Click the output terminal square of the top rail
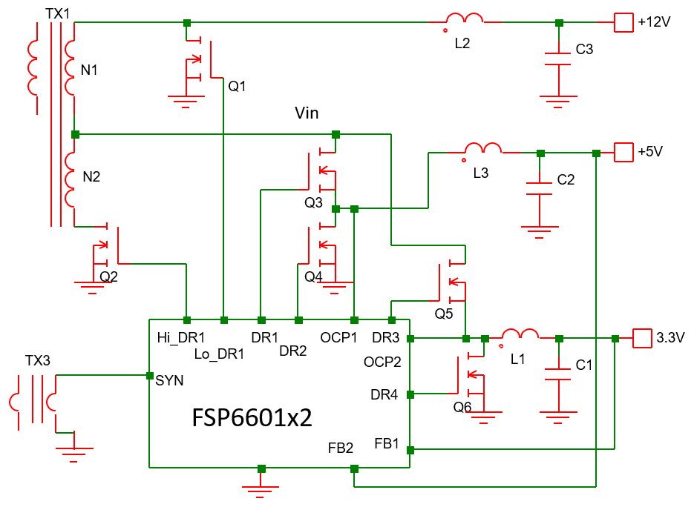[x=623, y=22]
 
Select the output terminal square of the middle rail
[x=623, y=152]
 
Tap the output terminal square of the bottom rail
[x=642, y=338]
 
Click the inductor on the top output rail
[x=465, y=19]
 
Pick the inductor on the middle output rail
[x=483, y=149]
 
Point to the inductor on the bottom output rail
[x=520, y=334]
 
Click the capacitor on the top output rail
[x=558, y=59]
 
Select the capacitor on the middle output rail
[x=540, y=188]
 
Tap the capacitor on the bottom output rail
[x=558, y=374]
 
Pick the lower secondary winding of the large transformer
[x=70, y=179]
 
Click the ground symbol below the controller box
[x=261, y=490]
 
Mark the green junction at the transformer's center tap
[x=75, y=134]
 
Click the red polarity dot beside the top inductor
[x=445, y=30]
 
